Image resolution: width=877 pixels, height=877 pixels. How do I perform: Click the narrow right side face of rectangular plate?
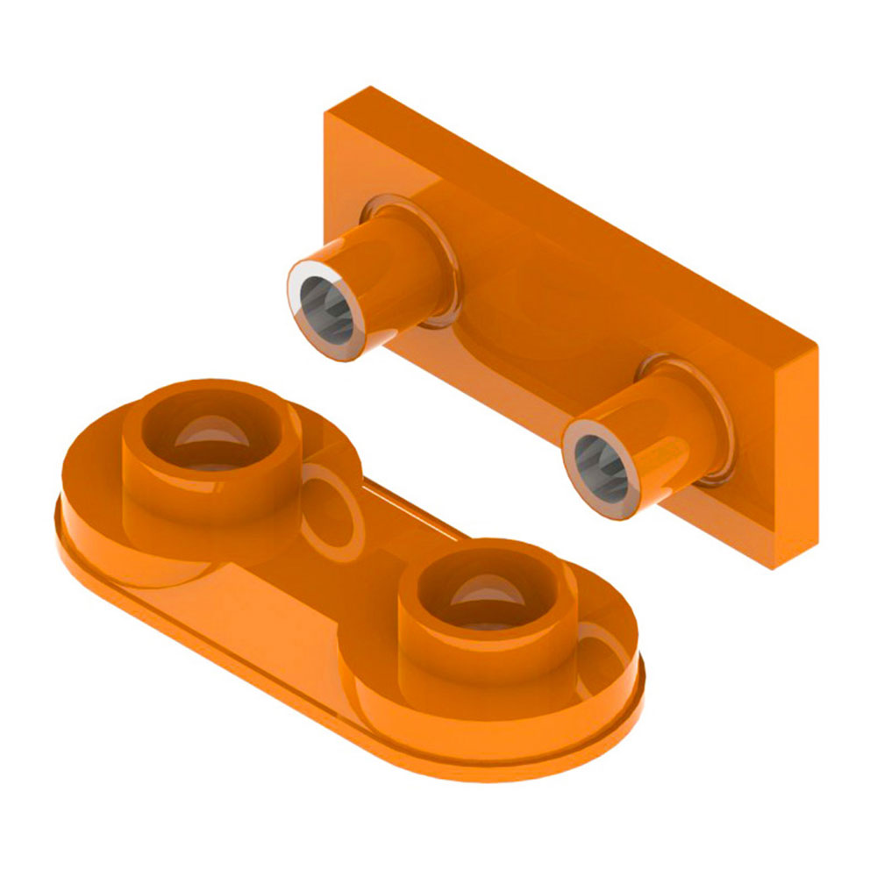click(794, 456)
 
